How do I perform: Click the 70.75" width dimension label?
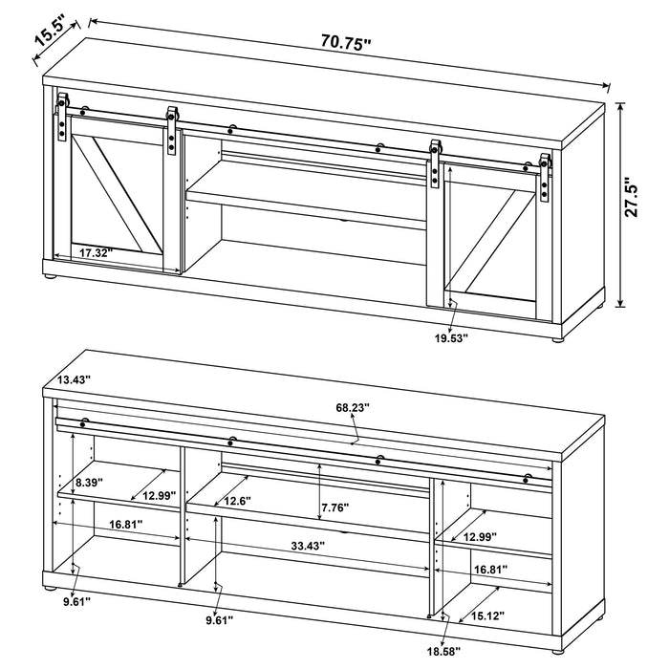coord(346,41)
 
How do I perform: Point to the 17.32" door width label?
coord(96,253)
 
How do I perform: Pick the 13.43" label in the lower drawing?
coord(74,380)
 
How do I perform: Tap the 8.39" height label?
coord(73,484)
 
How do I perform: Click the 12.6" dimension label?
coord(239,501)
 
